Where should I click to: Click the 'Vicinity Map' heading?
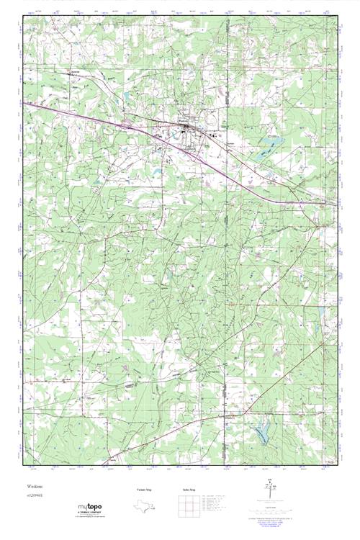(x=145, y=489)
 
